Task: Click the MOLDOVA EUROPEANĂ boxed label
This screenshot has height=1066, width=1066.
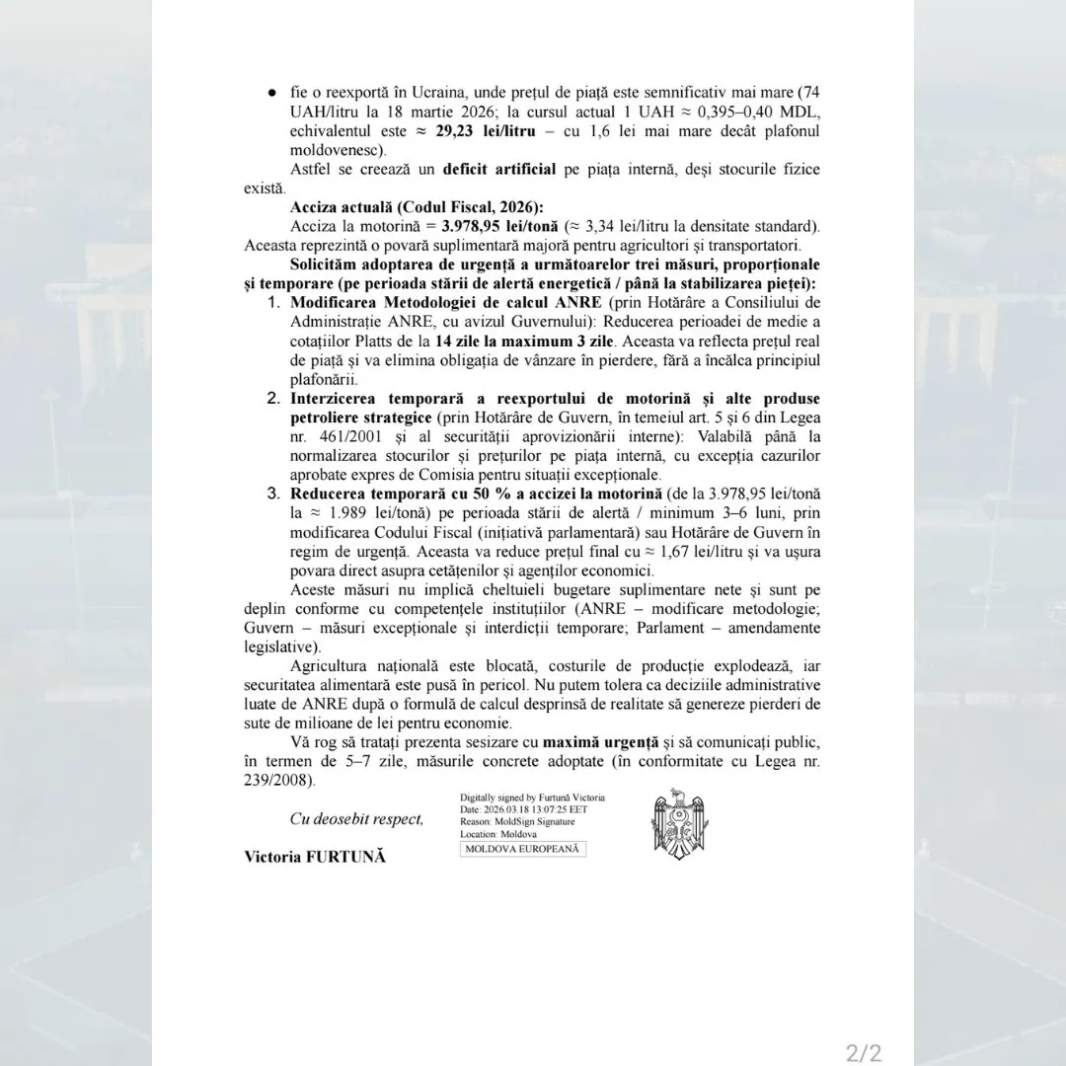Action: point(523,849)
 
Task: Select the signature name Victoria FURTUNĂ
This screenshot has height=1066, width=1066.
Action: point(315,857)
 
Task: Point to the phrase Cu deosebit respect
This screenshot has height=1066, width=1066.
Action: point(356,818)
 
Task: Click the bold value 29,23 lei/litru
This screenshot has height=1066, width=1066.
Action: point(474,132)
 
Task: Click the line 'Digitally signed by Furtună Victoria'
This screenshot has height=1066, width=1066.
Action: point(532,798)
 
